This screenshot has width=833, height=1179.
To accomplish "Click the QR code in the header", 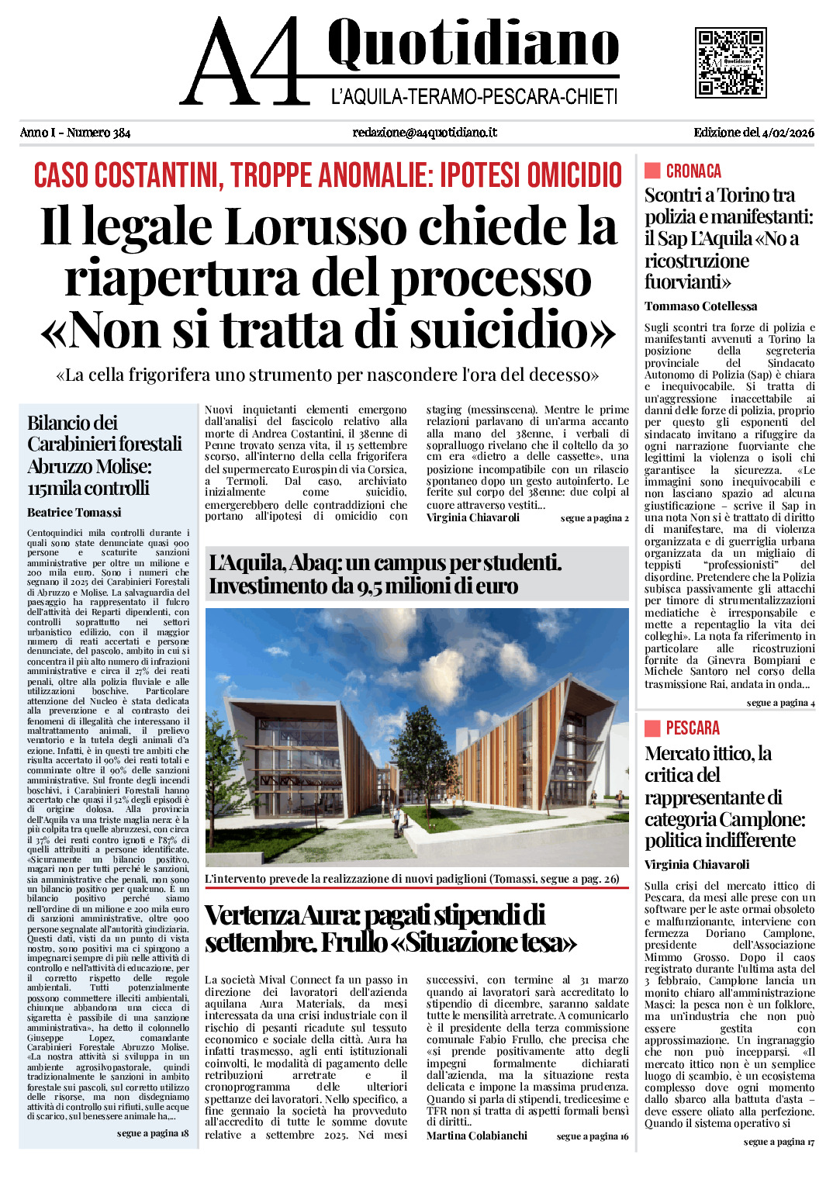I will [731, 62].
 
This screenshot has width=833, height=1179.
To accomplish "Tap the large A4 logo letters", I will [247, 62].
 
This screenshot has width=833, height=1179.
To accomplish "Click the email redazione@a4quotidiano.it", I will [424, 133].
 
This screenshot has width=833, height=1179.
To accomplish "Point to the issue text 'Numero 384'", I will [99, 133].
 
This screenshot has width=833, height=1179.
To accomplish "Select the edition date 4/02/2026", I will [789, 133].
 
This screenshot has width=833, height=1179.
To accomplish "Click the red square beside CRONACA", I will [652, 171].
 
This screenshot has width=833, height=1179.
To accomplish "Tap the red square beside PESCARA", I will [652, 728].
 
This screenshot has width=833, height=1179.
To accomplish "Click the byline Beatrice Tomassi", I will [74, 513].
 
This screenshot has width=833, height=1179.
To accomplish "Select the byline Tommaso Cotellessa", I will [701, 306].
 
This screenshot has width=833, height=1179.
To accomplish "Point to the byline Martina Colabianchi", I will [477, 1136].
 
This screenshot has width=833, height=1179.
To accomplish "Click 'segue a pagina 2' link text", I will [594, 518].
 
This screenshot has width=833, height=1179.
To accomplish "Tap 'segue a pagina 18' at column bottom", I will [153, 1133].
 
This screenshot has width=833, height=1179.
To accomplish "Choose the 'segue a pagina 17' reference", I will [779, 1142].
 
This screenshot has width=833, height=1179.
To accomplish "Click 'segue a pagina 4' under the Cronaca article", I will [780, 703].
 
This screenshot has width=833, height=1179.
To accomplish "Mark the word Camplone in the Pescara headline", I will [763, 819].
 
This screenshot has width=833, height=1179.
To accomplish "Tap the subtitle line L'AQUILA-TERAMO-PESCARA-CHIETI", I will [474, 97].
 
